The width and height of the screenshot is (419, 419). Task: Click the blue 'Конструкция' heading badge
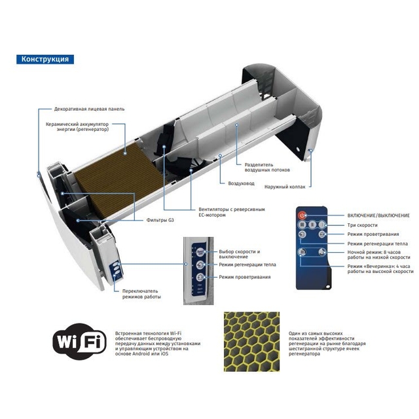(45, 59)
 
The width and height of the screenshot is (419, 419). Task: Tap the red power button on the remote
(302, 215)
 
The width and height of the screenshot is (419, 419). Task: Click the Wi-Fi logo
(79, 342)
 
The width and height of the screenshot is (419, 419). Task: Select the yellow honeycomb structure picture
(251, 342)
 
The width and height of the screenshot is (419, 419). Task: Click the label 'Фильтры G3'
(160, 220)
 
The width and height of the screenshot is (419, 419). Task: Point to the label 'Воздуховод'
(242, 183)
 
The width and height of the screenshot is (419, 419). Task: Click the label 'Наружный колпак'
(285, 187)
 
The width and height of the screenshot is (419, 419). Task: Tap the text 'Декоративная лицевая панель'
(89, 109)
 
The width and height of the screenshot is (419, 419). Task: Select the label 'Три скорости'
(362, 225)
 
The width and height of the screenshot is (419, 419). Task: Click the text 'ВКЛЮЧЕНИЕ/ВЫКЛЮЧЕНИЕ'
(378, 215)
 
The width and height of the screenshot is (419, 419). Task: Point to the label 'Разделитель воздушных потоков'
(267, 168)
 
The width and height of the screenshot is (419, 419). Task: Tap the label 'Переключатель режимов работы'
(141, 294)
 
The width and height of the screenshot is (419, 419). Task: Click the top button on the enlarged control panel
(200, 251)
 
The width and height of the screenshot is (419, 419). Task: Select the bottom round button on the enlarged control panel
(200, 277)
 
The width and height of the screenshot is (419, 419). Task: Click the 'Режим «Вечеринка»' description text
(380, 269)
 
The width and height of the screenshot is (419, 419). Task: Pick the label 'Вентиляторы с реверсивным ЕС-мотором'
(232, 212)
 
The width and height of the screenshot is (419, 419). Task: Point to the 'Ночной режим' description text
(378, 255)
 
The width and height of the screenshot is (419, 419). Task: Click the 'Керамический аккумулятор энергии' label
(77, 126)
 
